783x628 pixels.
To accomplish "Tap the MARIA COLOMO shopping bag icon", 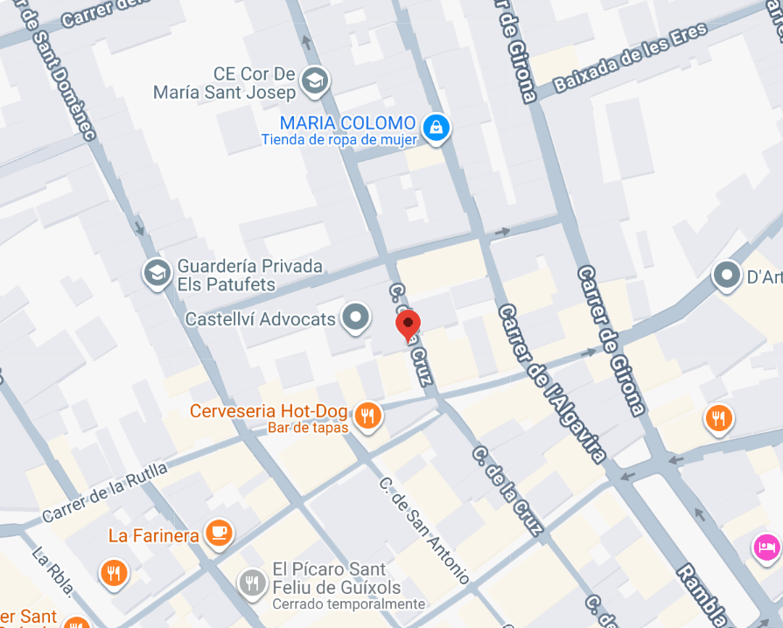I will click(435, 129).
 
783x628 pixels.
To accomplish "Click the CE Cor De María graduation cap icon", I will click(312, 81).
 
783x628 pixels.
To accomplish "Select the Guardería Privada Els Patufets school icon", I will click(157, 273).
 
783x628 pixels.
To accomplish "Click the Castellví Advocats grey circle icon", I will click(355, 318).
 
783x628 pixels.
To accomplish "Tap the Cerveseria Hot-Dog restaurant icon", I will click(368, 416).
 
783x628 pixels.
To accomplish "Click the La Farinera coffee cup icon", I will click(218, 533).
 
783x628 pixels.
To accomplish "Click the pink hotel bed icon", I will click(766, 548).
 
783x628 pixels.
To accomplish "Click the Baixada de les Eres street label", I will click(630, 59).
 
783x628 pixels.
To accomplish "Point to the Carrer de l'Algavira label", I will click(552, 383).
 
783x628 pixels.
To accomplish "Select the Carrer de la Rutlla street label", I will click(104, 493).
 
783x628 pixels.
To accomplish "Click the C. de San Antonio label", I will click(425, 530).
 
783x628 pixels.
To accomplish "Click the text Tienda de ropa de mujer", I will click(338, 140).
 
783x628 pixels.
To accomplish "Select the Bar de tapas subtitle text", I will click(308, 428).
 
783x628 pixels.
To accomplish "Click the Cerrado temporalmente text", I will click(348, 604).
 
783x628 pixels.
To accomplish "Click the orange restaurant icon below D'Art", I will click(718, 418).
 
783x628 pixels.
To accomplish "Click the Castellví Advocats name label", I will click(260, 319).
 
